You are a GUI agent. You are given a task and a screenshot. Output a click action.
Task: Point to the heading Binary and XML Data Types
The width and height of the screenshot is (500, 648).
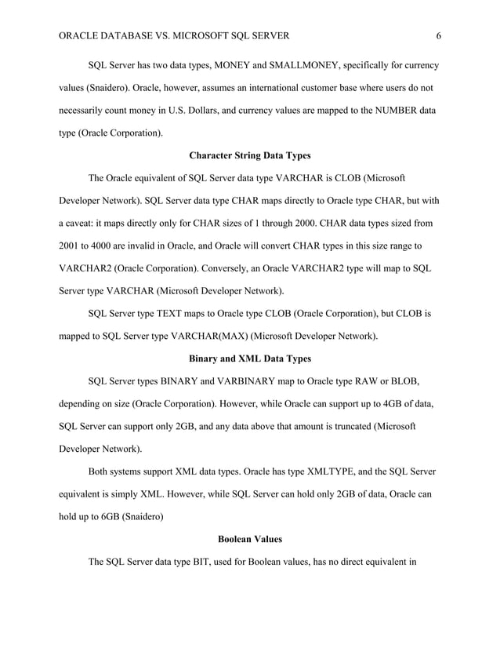[249, 359]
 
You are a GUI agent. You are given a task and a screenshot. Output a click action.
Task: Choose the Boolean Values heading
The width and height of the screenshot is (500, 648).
[249, 540]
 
